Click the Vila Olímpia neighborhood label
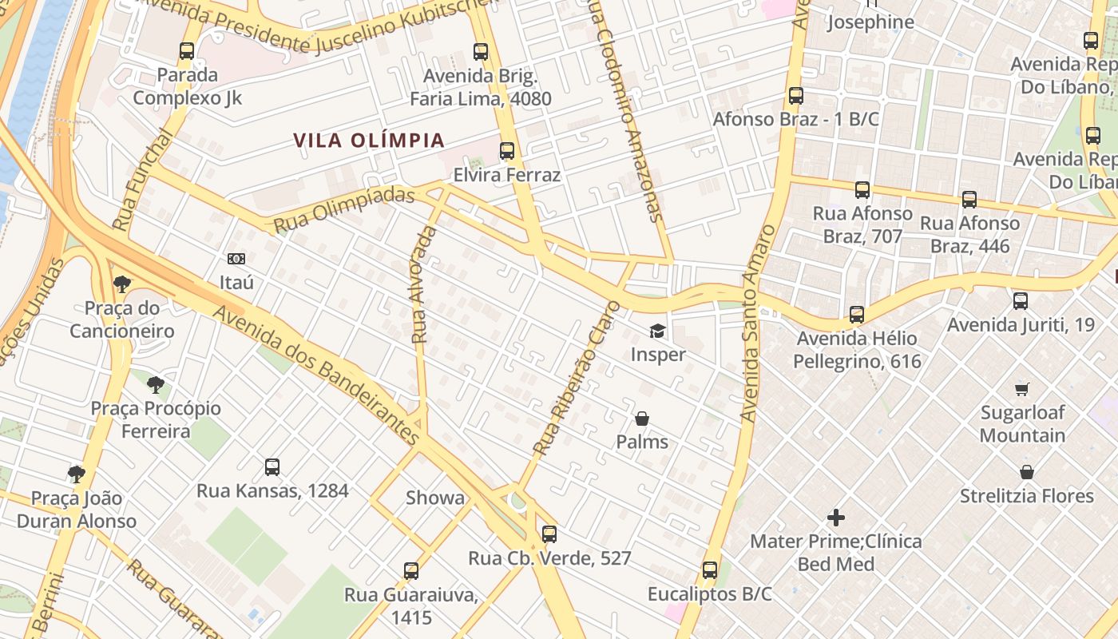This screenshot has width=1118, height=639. (x=368, y=141)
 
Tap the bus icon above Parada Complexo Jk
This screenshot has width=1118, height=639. (x=187, y=51)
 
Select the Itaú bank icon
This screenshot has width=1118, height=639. (x=236, y=259)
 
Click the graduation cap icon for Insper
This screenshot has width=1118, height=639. (x=657, y=331)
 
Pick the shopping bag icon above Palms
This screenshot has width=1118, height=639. (x=641, y=419)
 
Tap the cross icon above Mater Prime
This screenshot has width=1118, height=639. (x=835, y=518)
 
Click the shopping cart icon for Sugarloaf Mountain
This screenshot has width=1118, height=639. (x=1022, y=390)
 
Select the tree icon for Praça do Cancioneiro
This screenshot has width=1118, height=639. (x=121, y=284)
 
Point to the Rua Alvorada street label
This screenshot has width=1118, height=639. (x=424, y=285)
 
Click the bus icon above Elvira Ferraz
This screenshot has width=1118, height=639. (x=506, y=151)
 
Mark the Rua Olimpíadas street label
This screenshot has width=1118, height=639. (x=344, y=210)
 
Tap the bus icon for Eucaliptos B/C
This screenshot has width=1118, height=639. (x=710, y=570)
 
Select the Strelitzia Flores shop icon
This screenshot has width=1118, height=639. (x=1027, y=472)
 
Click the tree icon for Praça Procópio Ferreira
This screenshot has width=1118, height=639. (x=156, y=384)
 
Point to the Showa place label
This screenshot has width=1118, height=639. (x=435, y=498)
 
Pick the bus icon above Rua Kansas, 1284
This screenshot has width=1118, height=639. (x=272, y=466)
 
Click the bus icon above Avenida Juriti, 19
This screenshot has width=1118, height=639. (x=1020, y=301)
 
